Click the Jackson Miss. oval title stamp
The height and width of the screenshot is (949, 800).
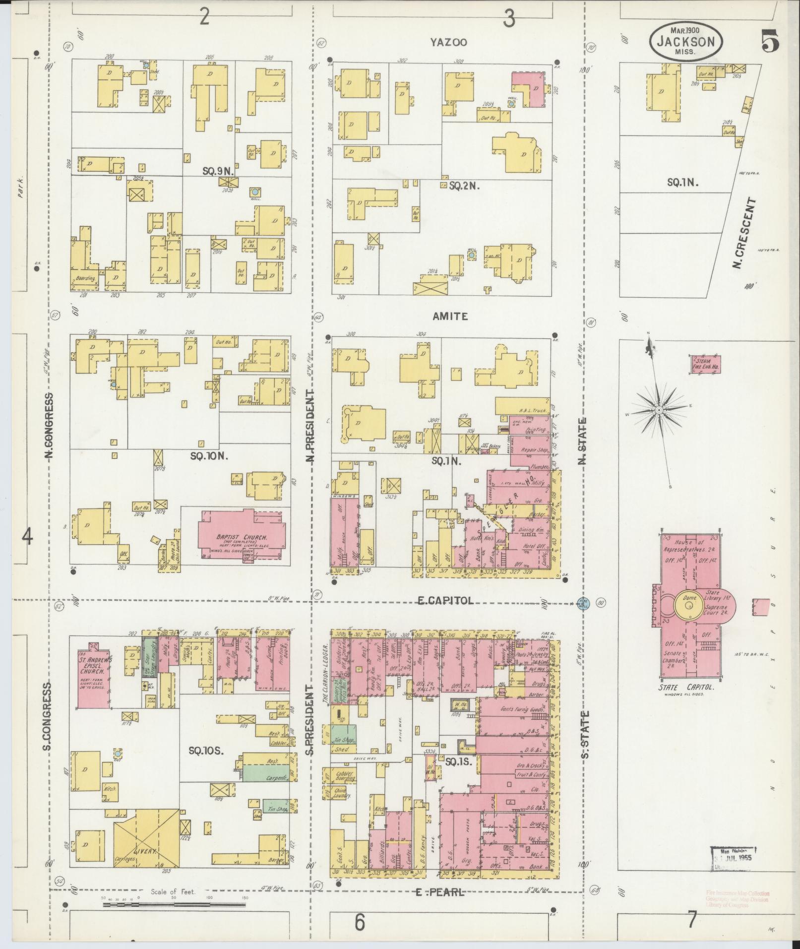click(x=685, y=42)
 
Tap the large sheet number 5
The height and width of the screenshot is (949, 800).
click(x=770, y=41)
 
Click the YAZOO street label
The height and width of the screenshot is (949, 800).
click(x=449, y=42)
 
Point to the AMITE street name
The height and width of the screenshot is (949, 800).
click(x=450, y=316)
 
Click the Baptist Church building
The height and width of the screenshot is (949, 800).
click(x=242, y=534)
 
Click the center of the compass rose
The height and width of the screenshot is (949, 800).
click(x=659, y=410)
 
